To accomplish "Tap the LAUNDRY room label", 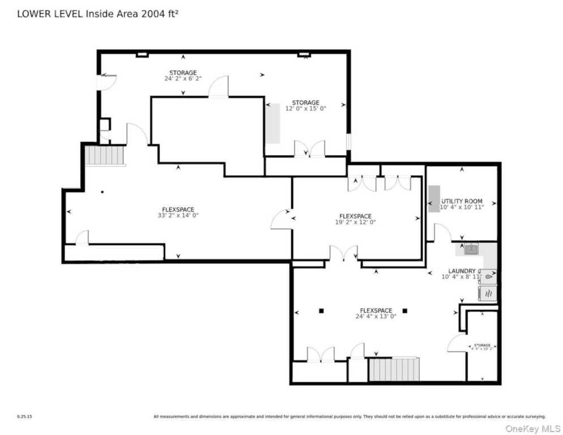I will pyautogui.click(x=462, y=271).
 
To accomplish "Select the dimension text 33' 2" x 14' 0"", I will pyautogui.click(x=178, y=215).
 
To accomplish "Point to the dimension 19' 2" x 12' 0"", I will pyautogui.click(x=355, y=222).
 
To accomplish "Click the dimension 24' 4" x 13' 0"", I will pyautogui.click(x=376, y=317).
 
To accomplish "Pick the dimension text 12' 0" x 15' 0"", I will pyautogui.click(x=305, y=108).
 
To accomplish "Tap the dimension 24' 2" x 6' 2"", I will pyautogui.click(x=182, y=78).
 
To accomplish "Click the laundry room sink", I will pyautogui.click(x=470, y=248).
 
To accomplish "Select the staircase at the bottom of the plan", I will pyautogui.click(x=394, y=369).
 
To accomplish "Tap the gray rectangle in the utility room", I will pyautogui.click(x=433, y=199).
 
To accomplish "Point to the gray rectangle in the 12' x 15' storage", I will pyautogui.click(x=274, y=123).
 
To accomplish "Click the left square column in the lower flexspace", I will pyautogui.click(x=321, y=310).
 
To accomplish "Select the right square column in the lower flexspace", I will pyautogui.click(x=405, y=310).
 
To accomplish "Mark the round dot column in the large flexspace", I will pyautogui.click(x=103, y=192).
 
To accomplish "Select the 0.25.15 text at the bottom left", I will pyautogui.click(x=24, y=416).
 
